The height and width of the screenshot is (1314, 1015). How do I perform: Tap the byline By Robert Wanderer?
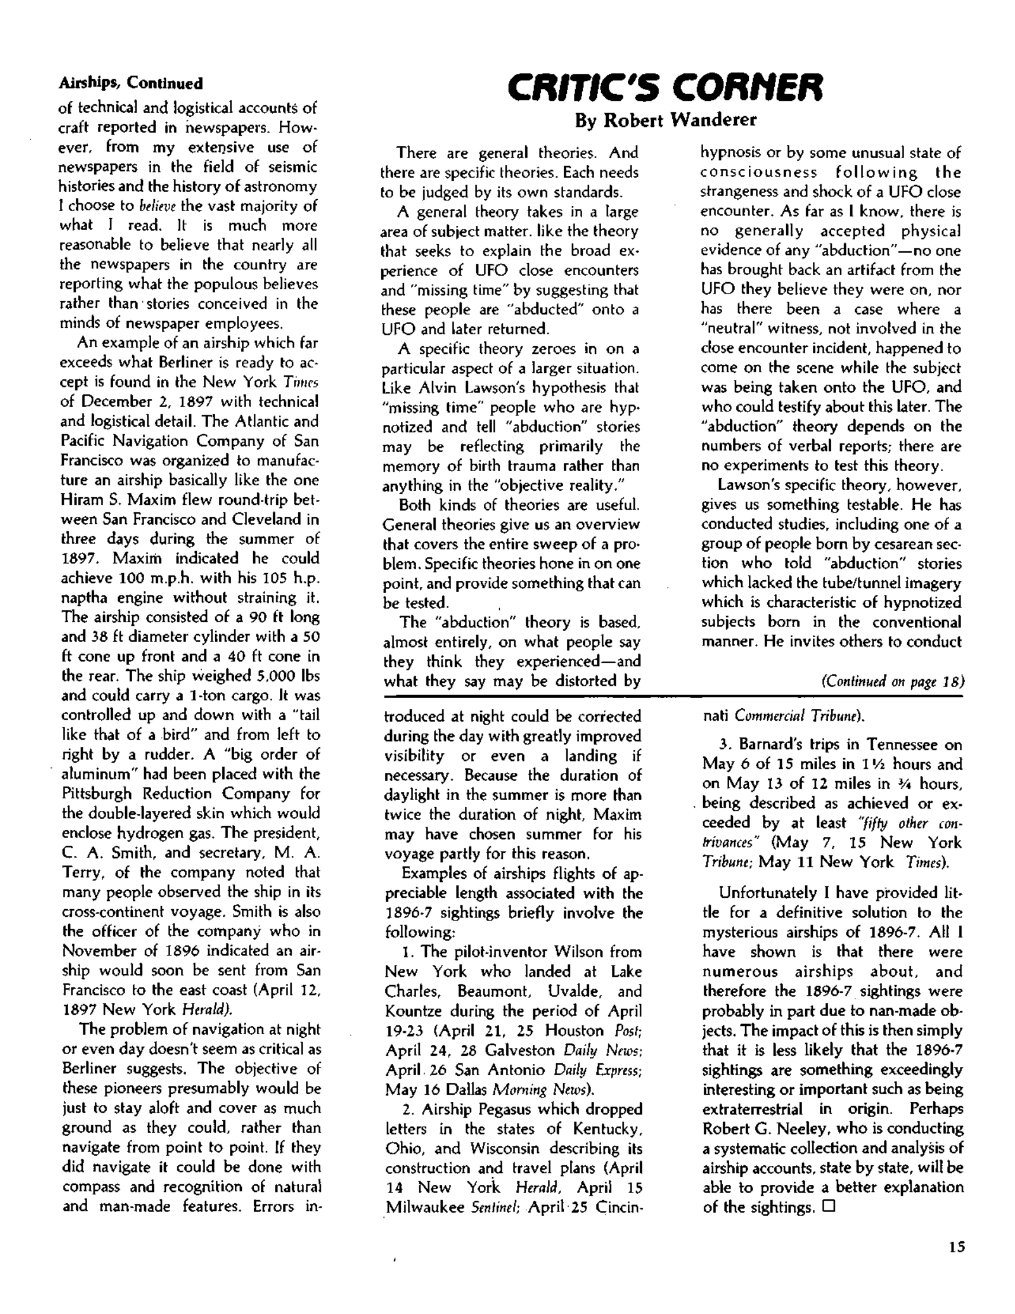coord(665,120)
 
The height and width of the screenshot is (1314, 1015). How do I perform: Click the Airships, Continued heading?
coord(130,83)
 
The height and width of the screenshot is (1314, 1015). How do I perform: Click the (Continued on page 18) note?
coord(892,681)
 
